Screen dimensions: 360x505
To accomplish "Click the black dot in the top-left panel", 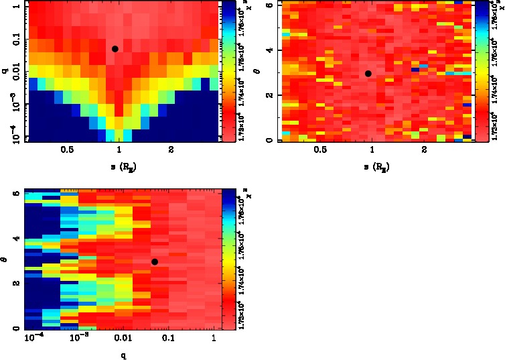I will click(x=115, y=49).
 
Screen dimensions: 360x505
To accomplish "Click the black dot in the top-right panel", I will click(x=368, y=74).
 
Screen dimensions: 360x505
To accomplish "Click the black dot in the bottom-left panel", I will click(x=155, y=262).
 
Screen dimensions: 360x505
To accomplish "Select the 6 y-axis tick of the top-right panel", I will click(x=267, y=5).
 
